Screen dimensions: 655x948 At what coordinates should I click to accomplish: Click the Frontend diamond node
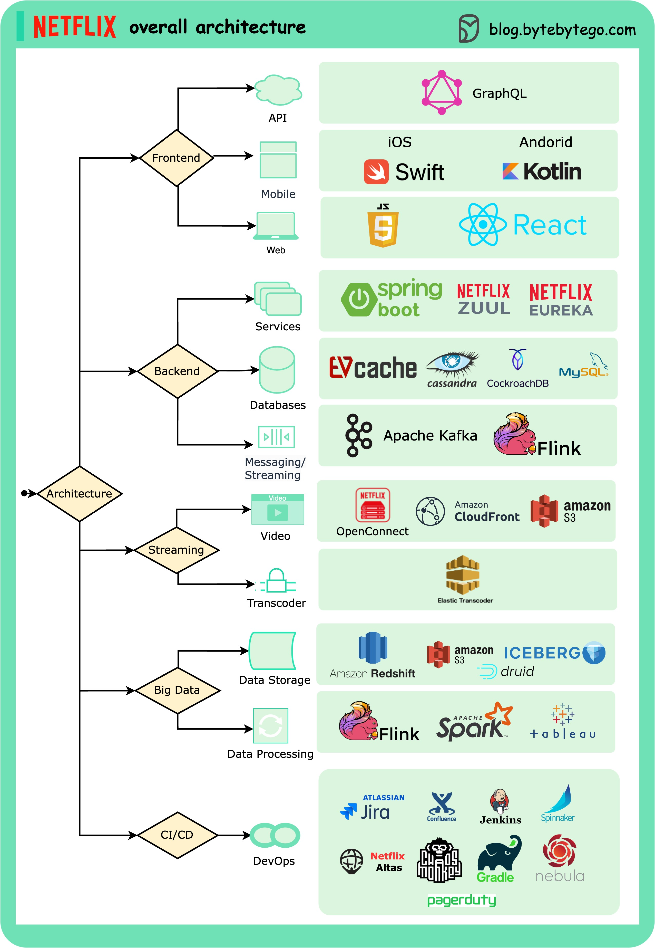(177, 158)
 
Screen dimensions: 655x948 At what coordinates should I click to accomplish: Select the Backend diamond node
(177, 371)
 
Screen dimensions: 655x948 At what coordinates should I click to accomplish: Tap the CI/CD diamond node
(177, 835)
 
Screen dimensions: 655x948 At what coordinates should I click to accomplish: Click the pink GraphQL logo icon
(442, 93)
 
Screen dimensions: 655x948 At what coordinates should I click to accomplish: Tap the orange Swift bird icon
(376, 172)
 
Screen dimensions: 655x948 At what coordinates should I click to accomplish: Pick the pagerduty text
(462, 900)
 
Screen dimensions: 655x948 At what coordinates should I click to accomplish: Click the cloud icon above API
(278, 90)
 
